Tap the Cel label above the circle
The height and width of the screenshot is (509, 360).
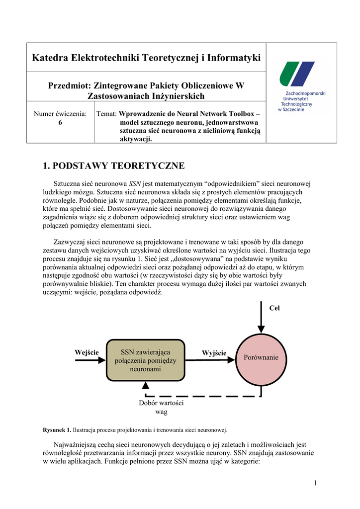274,308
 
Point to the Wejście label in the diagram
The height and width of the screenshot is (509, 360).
87,352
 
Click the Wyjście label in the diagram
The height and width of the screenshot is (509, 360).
214,353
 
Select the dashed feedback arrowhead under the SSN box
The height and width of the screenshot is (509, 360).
145,386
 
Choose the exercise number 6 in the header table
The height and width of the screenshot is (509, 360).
60,123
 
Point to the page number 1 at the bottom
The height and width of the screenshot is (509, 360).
315,483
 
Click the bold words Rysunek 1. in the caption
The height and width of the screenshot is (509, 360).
57,429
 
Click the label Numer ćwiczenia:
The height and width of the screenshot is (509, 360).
60,114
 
